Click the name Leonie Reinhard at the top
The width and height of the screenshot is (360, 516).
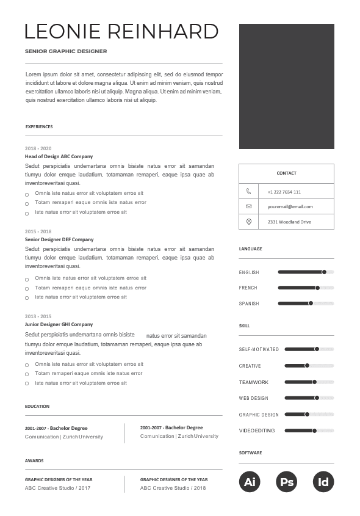[x=121, y=31]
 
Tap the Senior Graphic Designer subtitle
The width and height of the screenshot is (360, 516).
[x=66, y=52]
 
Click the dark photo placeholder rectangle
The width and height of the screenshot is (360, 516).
[x=286, y=86]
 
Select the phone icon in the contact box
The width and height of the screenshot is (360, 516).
[x=248, y=191]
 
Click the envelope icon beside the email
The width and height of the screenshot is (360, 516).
[x=248, y=206]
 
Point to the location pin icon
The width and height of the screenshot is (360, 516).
[x=248, y=222]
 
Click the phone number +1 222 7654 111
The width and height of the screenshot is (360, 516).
[x=284, y=192]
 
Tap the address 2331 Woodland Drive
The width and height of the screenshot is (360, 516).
[x=289, y=222]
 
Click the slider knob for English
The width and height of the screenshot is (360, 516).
[x=324, y=272]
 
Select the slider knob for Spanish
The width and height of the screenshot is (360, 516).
[x=311, y=303]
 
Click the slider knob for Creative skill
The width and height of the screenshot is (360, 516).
[x=307, y=366]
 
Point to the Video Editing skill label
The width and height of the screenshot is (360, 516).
[x=257, y=431]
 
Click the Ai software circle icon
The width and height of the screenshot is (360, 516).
[x=250, y=482]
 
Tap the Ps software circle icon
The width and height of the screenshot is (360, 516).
[x=287, y=482]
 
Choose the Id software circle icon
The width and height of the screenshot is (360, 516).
[x=323, y=482]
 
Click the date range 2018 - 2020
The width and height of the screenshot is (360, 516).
[x=38, y=148]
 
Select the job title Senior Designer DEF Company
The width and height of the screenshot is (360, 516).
[x=59, y=239]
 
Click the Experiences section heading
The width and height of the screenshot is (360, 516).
[x=39, y=127]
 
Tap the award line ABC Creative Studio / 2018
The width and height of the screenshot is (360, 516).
[x=173, y=488]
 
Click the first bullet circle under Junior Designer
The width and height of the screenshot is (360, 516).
[x=27, y=365]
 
